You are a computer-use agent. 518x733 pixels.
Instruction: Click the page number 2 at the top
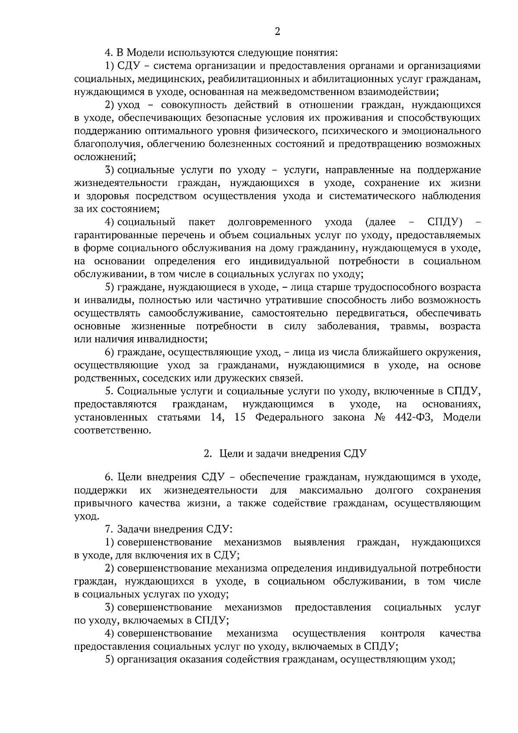pos(278,32)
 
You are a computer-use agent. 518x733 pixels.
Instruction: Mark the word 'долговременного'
pos(270,222)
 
